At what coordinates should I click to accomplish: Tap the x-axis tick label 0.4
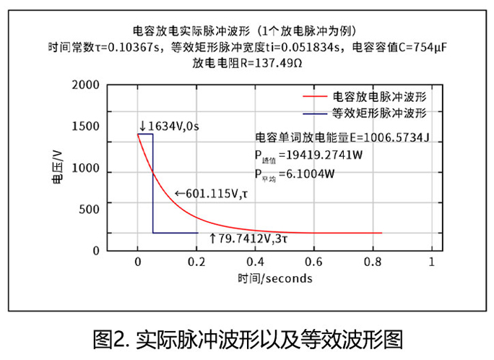pos(255,262)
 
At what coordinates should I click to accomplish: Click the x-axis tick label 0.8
pos(373,262)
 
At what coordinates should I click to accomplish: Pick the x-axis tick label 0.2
pos(196,262)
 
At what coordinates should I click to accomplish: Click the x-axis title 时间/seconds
pos(274,278)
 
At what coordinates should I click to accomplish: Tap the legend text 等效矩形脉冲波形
pos(379,113)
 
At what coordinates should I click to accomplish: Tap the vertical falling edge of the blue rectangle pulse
pos(153,184)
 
